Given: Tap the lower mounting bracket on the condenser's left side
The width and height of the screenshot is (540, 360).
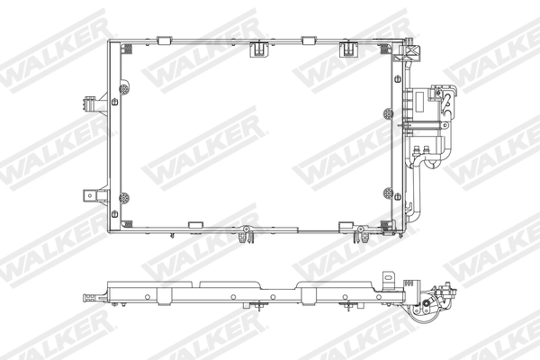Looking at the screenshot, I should tap(91, 195).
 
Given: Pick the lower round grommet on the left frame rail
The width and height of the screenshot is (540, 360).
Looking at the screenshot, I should tap(123, 196).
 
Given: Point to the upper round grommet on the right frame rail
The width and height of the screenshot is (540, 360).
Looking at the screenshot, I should tap(388, 114).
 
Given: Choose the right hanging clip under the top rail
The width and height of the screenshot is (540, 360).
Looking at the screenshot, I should tap(347, 49).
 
